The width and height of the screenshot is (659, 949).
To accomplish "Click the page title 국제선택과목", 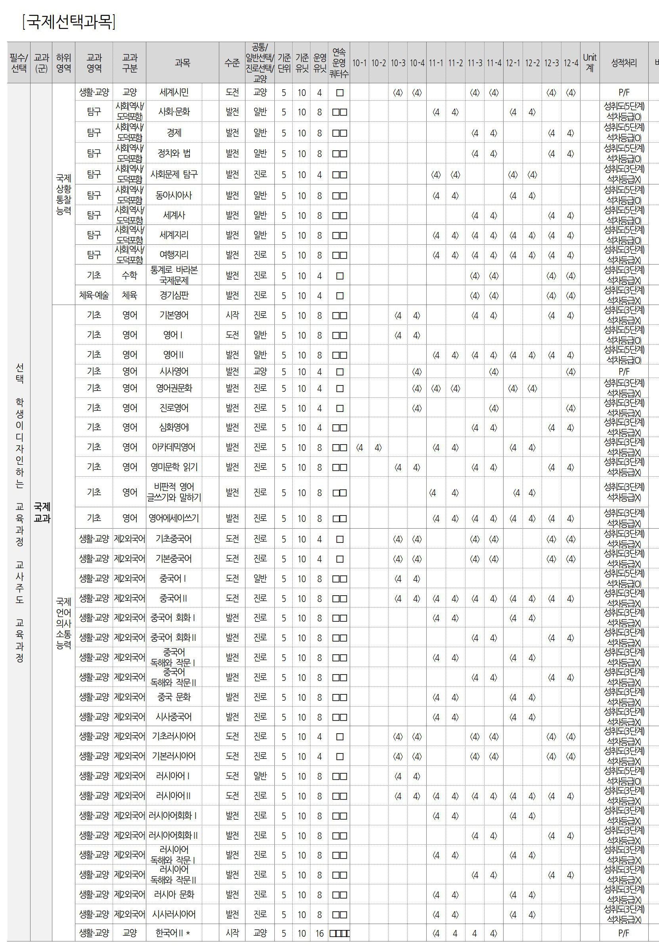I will [x=69, y=21].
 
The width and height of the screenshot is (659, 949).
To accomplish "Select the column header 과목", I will [x=182, y=63].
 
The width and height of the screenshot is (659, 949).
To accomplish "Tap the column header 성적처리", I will [x=623, y=63].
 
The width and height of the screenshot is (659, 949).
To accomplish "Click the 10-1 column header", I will [x=359, y=63].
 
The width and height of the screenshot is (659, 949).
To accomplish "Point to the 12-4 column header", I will [x=571, y=63].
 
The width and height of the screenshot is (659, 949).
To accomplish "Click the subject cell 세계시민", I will [x=174, y=92].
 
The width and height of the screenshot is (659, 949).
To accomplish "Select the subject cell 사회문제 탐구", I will [x=174, y=174].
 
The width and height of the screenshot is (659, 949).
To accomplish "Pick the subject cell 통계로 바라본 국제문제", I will [x=174, y=275].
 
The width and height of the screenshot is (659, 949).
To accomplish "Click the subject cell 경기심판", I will [x=174, y=295].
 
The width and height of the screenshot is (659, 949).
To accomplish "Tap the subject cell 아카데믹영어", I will [x=174, y=447].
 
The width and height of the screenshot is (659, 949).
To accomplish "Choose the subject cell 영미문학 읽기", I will [x=174, y=467].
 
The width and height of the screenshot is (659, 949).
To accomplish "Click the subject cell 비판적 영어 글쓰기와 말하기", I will [x=174, y=492].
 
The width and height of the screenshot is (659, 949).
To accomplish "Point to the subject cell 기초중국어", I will [x=174, y=539].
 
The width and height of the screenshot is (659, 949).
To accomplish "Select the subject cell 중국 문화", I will [x=174, y=697].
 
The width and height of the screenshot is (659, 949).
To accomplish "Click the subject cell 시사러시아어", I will [x=174, y=914].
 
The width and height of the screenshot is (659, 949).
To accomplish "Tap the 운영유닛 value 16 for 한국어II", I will [x=320, y=933].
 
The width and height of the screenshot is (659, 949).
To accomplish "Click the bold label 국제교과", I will [x=41, y=512].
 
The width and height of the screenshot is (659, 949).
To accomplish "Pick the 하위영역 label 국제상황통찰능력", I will [x=63, y=194].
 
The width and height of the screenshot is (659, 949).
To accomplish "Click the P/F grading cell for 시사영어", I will [x=623, y=372].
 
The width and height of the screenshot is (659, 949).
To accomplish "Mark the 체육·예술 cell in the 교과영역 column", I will [x=94, y=295].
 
